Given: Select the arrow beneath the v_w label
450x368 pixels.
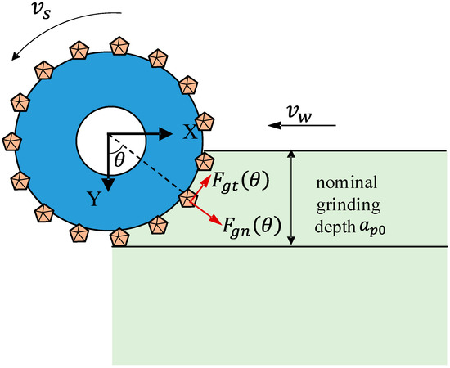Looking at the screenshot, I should (x=301, y=126).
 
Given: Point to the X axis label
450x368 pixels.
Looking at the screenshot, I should (x=189, y=132).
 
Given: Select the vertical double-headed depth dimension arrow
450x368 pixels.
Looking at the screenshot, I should (x=291, y=197).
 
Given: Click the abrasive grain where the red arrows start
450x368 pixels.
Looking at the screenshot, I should (x=189, y=198).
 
